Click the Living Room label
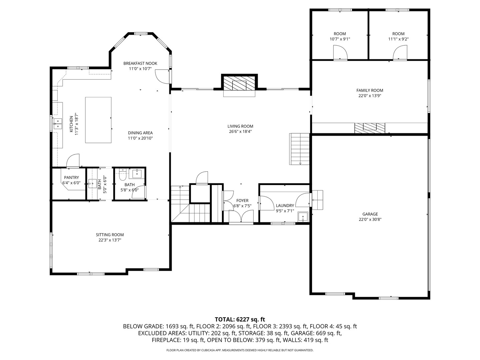(240, 126)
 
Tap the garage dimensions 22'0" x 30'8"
(370, 219)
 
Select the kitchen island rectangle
(98, 120)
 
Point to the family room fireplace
(369, 128)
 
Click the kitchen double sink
(58, 123)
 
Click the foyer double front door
(241, 216)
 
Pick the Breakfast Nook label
(140, 63)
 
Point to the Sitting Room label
(110, 235)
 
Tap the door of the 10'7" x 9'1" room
(340, 53)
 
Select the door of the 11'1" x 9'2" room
(400, 53)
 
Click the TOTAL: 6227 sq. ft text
(240, 319)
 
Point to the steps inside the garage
(318, 200)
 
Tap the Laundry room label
(285, 206)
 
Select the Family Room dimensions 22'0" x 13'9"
(370, 96)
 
